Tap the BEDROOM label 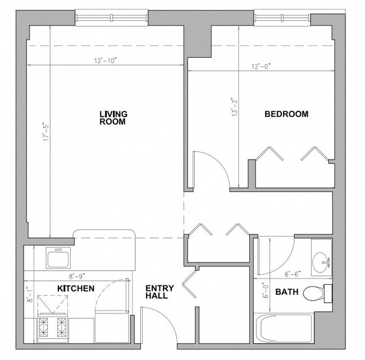pyautogui.click(x=286, y=114)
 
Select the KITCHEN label pyautogui.click(x=76, y=289)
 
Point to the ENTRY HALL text pyautogui.click(x=159, y=292)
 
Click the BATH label pyautogui.click(x=286, y=292)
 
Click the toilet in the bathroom pyautogui.click(x=316, y=293)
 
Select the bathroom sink pyautogui.click(x=322, y=259)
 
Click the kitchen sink pyautogui.click(x=58, y=258)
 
